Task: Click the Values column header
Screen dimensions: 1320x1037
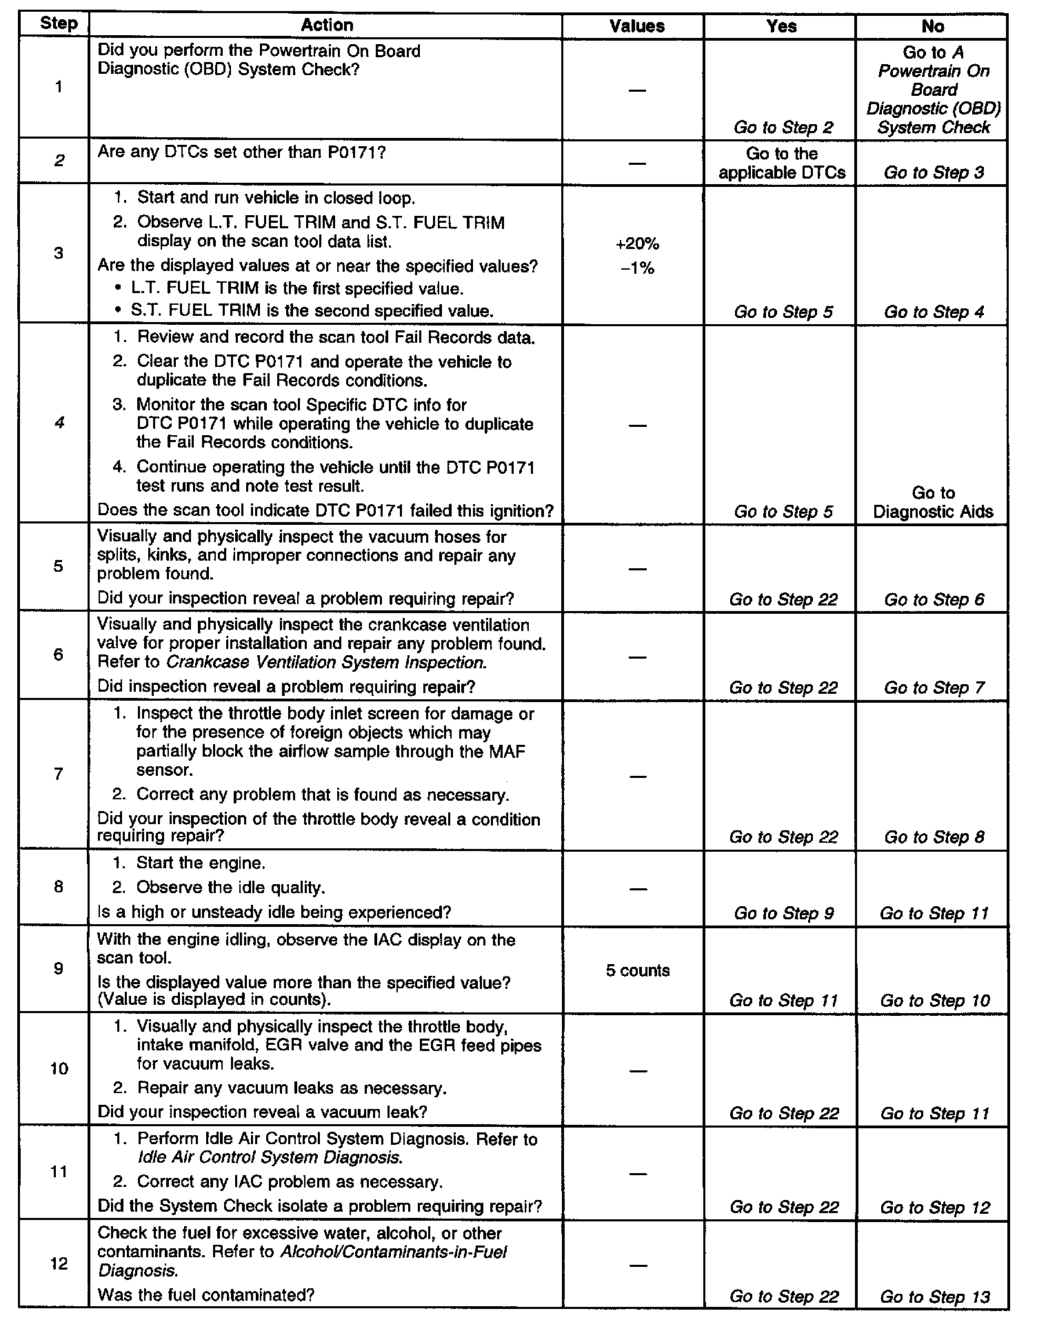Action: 637,26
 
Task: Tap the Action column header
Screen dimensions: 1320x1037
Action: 327,26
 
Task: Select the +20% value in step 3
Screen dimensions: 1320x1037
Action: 638,243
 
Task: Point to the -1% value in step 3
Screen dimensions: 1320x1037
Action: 638,268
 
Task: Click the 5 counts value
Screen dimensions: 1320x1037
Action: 638,970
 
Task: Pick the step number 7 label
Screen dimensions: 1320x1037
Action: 58,774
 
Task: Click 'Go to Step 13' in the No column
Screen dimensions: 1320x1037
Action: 934,1297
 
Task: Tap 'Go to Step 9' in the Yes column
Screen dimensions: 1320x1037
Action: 783,913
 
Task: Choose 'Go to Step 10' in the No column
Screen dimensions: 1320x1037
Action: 934,1001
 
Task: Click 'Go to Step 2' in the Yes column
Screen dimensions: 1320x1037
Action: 783,128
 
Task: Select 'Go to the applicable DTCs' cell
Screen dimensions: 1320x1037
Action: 782,163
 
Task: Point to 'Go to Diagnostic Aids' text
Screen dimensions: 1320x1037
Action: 933,502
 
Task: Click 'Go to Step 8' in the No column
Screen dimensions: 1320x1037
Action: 934,837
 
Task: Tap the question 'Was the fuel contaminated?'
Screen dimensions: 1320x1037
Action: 206,1295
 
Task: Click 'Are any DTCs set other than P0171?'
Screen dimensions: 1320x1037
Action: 241,152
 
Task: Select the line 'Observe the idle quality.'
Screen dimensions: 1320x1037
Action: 230,887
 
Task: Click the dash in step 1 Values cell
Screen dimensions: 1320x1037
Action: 638,90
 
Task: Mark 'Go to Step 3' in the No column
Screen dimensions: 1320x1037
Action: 934,173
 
